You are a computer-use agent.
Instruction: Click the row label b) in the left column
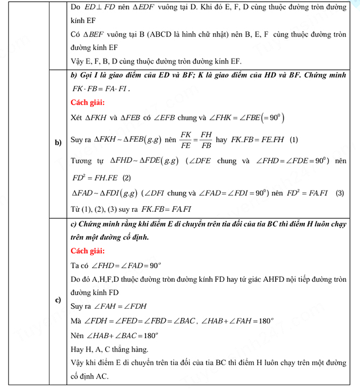coord(58,142)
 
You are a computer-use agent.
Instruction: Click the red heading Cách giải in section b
coord(88,102)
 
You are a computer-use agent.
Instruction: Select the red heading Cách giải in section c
coord(88,251)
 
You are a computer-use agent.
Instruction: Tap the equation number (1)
coord(294,139)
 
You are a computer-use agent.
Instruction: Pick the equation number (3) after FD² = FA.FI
coord(339,193)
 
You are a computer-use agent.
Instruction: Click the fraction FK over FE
coord(185,139)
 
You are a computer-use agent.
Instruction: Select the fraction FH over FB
coord(207,139)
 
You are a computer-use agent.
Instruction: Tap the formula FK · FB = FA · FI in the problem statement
coord(101,89)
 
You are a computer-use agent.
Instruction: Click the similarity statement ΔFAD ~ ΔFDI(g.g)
coord(105,193)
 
